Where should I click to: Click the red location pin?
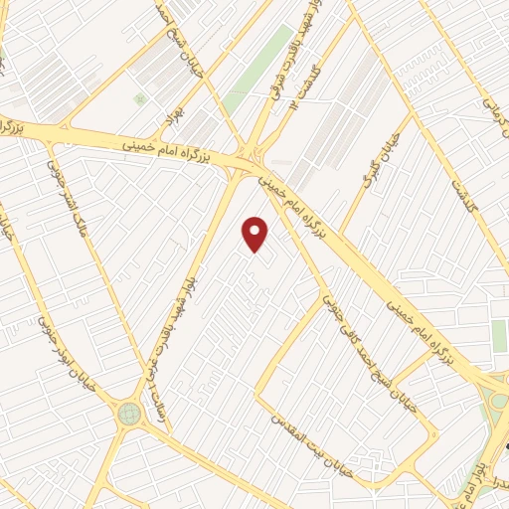click(x=256, y=233)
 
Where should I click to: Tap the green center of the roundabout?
click(x=128, y=413)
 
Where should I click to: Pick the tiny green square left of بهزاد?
click(x=140, y=99)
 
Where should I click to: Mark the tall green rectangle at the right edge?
click(x=499, y=335)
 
